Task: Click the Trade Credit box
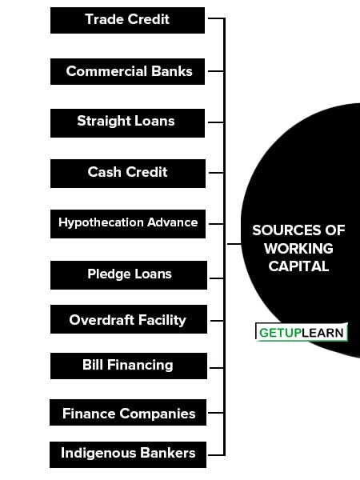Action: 127,20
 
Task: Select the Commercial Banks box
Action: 127,71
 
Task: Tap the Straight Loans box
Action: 127,122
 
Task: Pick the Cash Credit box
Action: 128,174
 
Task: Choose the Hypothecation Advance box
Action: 128,224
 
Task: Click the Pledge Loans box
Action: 129,275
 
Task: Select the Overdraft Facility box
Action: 129,319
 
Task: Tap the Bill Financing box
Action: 129,366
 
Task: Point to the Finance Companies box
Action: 128,412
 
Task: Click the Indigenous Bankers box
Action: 128,454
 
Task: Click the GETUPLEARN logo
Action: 302,332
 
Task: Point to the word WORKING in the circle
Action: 298,248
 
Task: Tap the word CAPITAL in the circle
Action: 298,266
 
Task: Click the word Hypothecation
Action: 102,223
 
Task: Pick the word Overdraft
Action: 102,320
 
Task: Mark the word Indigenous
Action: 98,454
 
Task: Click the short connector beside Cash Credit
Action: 216,173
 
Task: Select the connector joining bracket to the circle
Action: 234,244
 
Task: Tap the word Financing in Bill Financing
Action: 140,366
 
